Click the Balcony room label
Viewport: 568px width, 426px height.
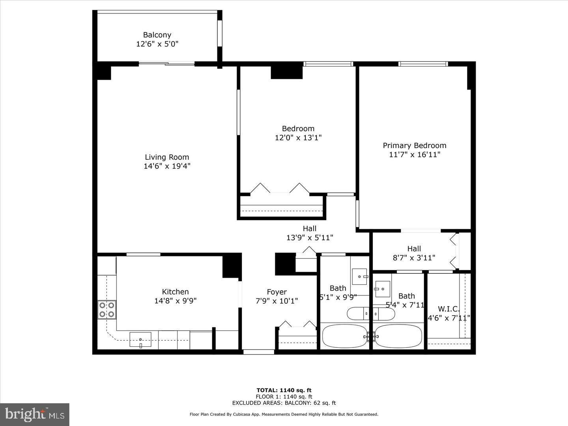coord(157,35)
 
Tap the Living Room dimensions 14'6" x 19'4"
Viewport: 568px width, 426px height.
coord(167,166)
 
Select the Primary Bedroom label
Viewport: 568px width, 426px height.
coord(415,146)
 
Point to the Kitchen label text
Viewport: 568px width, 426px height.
coord(176,292)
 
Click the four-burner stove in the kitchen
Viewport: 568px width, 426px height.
coord(107,310)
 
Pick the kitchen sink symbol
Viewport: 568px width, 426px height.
coord(140,340)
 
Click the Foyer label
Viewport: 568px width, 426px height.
coord(277,292)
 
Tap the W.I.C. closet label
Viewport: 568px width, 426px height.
coord(449,309)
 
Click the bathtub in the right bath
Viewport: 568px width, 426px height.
coord(398,336)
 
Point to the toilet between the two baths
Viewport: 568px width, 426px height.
coord(371,314)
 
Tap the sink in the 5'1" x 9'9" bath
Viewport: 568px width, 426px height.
coord(360,277)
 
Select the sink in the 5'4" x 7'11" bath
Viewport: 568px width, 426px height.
coord(382,289)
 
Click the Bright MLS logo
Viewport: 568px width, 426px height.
coord(35,414)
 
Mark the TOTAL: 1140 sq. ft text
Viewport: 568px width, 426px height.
coord(284,390)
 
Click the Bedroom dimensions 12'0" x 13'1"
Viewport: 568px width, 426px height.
coord(298,138)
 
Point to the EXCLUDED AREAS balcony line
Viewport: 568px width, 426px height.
coord(284,403)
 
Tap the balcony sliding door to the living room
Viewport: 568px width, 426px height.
coord(166,64)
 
